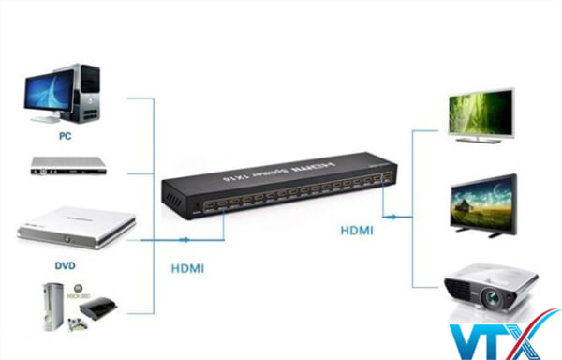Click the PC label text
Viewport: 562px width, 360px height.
[65, 134]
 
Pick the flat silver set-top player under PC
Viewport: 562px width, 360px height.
[67, 166]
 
